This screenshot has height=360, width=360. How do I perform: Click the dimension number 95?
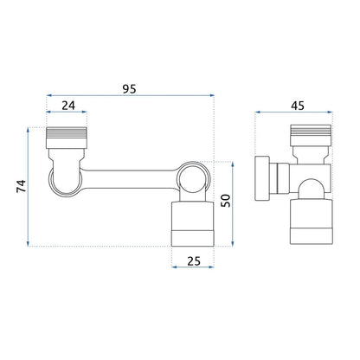pos(129,89)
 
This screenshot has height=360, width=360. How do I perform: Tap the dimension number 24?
pos(68,106)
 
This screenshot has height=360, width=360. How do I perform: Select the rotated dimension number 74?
pos(21,186)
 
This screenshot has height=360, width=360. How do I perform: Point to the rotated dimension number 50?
pos(226,201)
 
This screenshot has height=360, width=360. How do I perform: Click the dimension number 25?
pos(194,261)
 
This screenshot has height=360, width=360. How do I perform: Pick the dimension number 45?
pos(298,106)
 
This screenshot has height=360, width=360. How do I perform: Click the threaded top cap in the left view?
pos(67,138)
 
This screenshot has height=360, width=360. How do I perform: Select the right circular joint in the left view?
pos(194,177)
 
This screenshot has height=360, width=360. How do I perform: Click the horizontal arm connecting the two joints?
pos(129,179)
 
